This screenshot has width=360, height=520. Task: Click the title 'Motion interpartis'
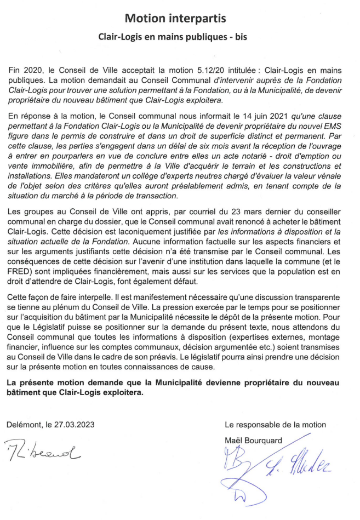point(175,19)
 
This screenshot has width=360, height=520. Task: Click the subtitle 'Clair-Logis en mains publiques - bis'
point(175,39)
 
